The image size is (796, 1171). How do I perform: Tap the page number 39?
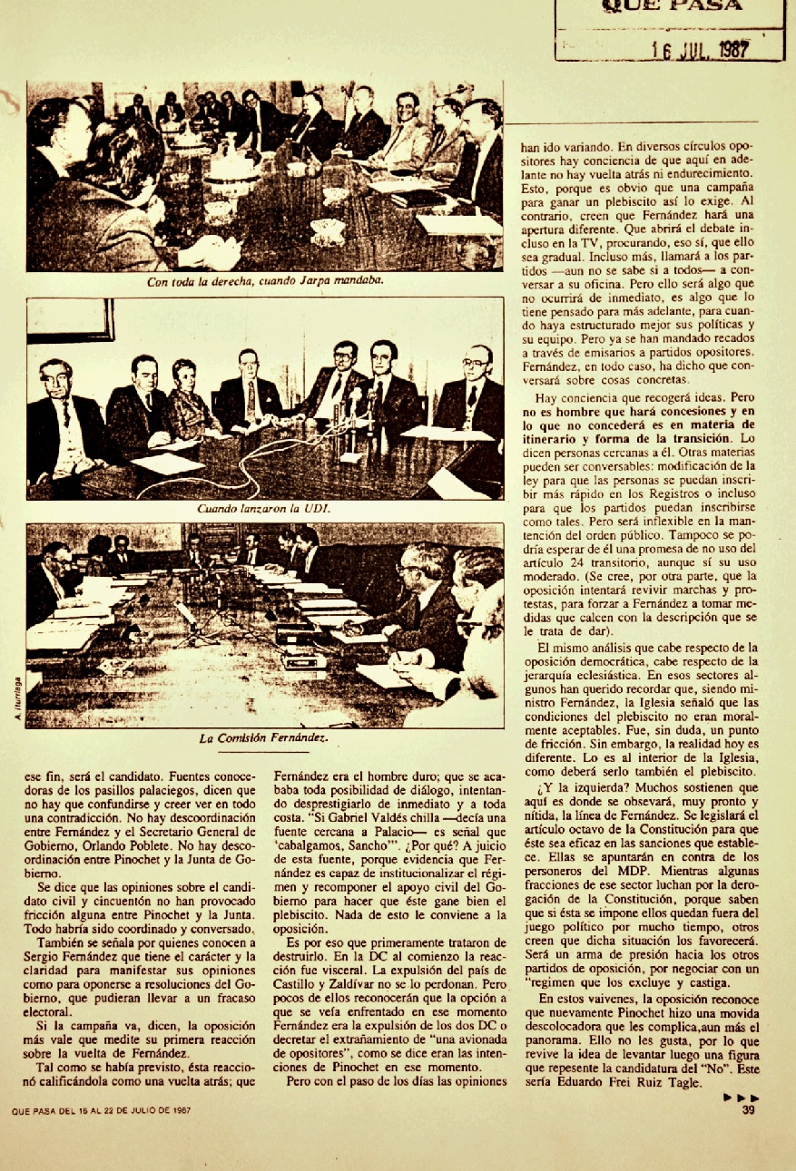(749, 1109)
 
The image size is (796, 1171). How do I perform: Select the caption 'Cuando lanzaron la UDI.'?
(264, 509)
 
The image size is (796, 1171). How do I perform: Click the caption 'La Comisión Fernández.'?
(262, 738)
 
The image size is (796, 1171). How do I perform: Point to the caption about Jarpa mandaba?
(265, 280)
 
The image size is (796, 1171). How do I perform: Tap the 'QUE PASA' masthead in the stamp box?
(671, 6)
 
